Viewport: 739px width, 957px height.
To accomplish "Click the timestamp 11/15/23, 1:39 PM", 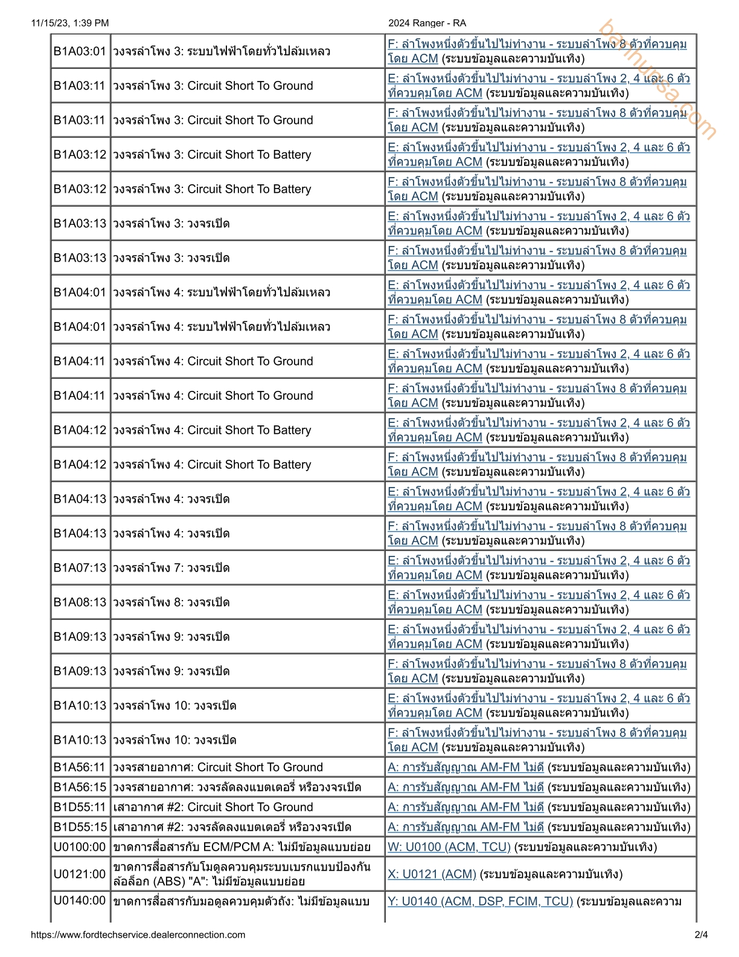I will coord(70,23).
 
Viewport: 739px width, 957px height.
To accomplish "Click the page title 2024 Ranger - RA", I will coord(427,23).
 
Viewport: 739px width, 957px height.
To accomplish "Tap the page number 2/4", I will coord(701,935).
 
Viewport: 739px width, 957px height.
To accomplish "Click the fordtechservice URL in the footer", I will coord(138,935).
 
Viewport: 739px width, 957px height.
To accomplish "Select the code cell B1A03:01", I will coord(80,51).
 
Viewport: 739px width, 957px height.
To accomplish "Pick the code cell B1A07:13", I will coord(80,568).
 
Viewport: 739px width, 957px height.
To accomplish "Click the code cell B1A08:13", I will coord(80,602).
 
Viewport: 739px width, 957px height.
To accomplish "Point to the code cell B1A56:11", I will coord(80,767).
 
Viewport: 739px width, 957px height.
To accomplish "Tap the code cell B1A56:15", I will coord(80,787).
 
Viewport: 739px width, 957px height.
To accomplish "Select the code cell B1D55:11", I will coord(80,807).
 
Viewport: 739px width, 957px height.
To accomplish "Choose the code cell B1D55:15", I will coord(80,827).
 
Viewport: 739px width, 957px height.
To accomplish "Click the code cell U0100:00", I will coord(80,847).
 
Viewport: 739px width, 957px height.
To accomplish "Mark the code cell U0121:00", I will coord(80,874).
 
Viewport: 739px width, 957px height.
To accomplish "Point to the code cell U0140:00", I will coord(80,901).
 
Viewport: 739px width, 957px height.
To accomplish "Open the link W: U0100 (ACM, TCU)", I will coord(449,847).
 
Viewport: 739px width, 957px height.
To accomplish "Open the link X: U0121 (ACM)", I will coord(432,874).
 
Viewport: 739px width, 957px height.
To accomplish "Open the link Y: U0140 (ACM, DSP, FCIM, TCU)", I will coord(480,901).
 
